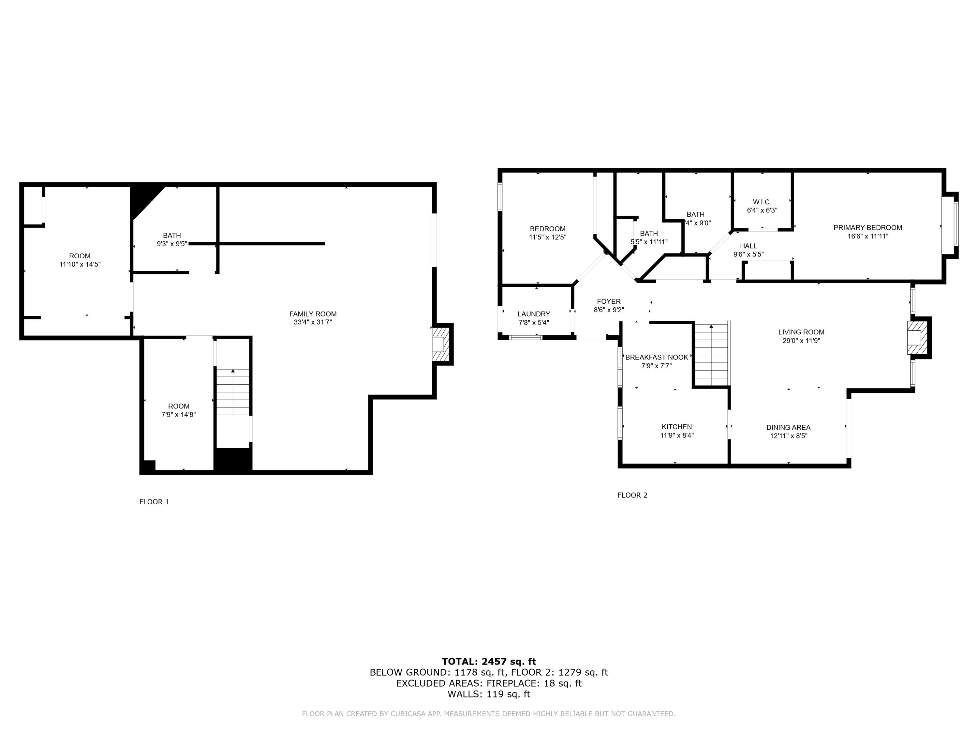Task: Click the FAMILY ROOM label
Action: click(313, 314)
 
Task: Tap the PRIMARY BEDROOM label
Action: click(867, 227)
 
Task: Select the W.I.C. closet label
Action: click(762, 202)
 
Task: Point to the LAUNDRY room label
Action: click(534, 314)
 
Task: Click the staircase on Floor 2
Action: click(711, 354)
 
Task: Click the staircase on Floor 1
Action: click(232, 391)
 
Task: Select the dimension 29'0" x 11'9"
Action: click(801, 341)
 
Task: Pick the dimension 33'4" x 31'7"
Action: click(313, 322)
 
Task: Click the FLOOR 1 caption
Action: click(154, 502)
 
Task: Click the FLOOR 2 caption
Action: click(632, 495)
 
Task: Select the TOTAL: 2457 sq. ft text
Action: click(489, 662)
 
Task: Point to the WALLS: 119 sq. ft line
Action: click(489, 694)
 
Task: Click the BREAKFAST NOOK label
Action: click(657, 357)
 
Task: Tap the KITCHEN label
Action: click(676, 426)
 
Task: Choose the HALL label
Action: click(748, 246)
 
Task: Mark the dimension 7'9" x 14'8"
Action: click(179, 415)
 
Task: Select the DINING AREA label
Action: click(788, 427)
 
